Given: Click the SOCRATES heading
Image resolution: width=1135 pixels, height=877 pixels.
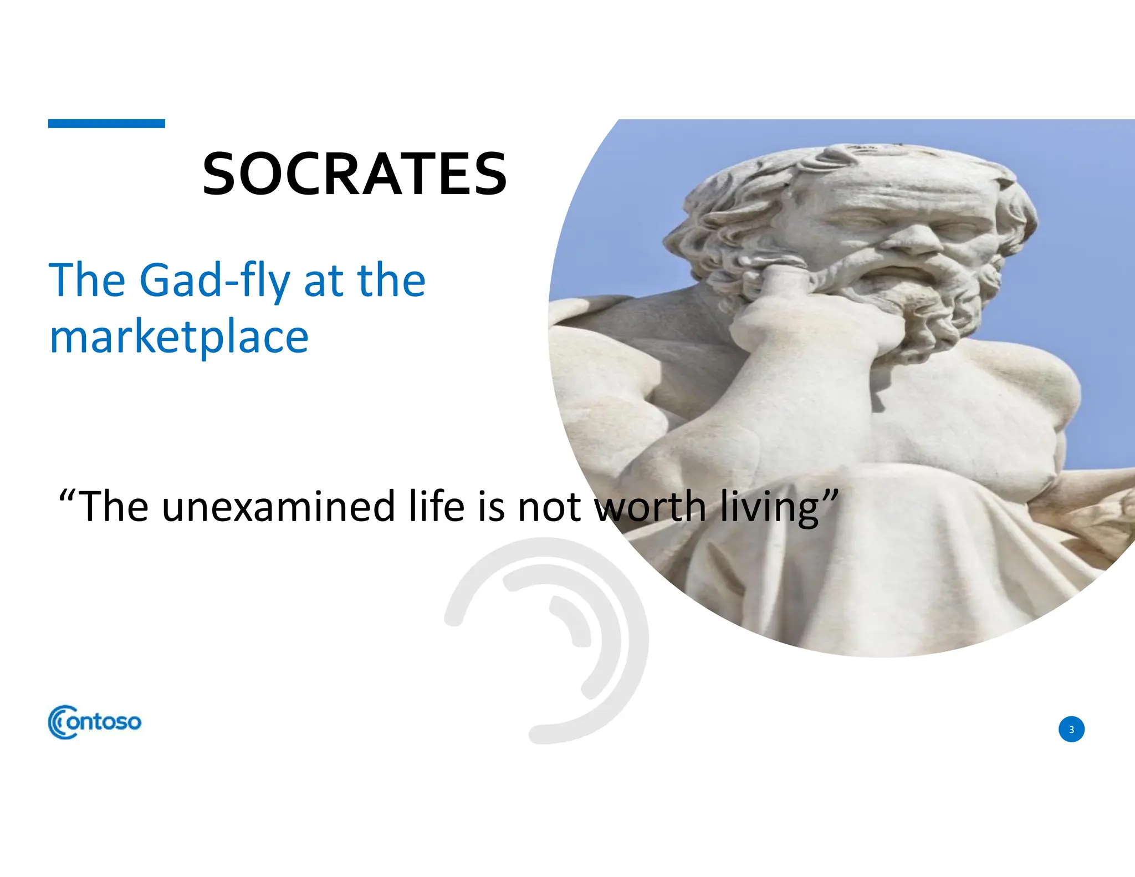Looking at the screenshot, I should point(355,174).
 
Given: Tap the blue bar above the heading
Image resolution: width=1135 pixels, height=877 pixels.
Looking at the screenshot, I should point(106,124).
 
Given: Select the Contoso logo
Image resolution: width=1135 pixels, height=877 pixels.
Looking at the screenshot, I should point(95,722).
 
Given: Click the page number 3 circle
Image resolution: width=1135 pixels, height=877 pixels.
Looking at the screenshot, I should point(1071,729).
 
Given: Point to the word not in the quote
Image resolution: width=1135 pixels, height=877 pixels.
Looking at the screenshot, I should point(548,507).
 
